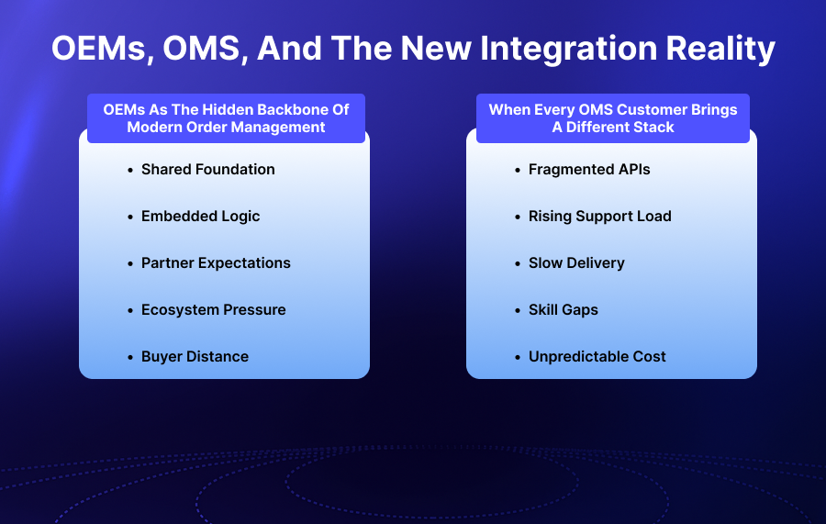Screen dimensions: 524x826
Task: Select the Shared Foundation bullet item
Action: coord(207,169)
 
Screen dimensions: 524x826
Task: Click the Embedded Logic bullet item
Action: coord(200,216)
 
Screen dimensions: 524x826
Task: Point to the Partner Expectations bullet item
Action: coord(216,262)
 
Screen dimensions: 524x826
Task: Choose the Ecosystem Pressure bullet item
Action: coord(213,309)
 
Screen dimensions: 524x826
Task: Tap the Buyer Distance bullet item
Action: coord(195,356)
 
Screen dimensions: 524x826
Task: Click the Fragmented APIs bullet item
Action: coord(589,169)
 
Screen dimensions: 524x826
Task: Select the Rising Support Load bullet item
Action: coord(599,216)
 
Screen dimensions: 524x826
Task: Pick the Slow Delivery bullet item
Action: coord(576,262)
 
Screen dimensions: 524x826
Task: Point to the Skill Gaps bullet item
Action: coord(563,309)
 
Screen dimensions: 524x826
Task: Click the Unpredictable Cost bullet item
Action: coord(597,356)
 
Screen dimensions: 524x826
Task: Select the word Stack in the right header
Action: coord(653,127)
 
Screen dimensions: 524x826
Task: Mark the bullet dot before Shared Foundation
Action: coord(130,170)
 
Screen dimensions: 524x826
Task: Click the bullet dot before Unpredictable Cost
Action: coord(518,357)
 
